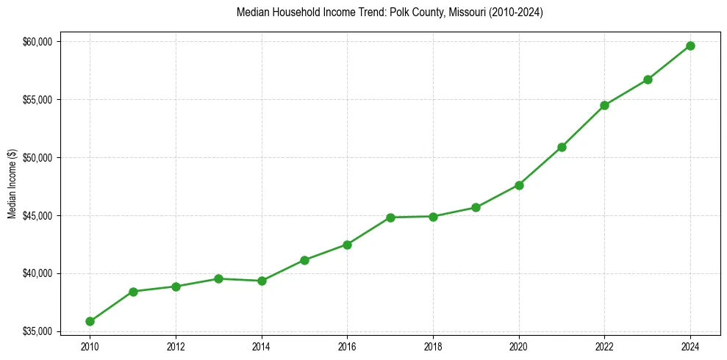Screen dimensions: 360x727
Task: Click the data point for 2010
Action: point(90,321)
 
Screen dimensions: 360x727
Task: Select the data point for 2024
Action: point(690,46)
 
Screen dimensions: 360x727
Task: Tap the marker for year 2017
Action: point(390,217)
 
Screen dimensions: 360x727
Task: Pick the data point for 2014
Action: point(262,281)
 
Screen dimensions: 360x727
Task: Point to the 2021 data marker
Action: point(562,147)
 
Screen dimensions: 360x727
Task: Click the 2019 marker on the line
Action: point(476,207)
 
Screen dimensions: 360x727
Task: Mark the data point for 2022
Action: point(604,105)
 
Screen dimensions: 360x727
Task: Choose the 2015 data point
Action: point(304,260)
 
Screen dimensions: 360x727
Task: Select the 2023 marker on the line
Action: point(648,79)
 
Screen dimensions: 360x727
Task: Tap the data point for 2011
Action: point(133,292)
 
